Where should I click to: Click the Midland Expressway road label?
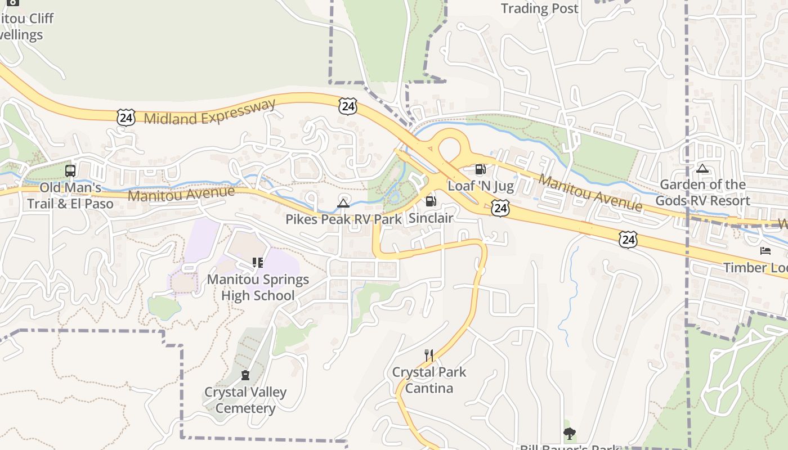coord(210,112)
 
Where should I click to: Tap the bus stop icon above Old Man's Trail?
coord(70,170)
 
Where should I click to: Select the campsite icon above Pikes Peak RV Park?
coord(343,203)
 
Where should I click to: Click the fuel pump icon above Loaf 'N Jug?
coord(480,169)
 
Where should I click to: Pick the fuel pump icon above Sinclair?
coord(431,201)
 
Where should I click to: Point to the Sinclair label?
coord(431,218)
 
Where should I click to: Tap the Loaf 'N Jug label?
coord(481,186)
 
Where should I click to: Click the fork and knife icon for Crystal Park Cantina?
coord(429,355)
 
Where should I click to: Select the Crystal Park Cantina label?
coord(429,380)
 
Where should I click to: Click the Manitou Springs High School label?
coord(258,287)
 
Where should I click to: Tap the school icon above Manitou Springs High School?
coord(258,263)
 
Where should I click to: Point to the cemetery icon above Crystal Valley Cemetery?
coord(245,375)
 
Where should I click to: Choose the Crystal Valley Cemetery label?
coord(245,400)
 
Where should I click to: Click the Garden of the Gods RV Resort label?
coord(702,192)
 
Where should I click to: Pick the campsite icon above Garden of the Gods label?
coord(702,168)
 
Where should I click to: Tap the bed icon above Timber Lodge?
coord(765,251)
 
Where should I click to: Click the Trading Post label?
coord(539,8)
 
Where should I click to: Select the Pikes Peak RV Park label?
coord(343,219)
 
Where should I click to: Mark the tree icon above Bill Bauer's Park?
coord(570,433)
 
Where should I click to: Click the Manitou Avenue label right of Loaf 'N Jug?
coord(590,193)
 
